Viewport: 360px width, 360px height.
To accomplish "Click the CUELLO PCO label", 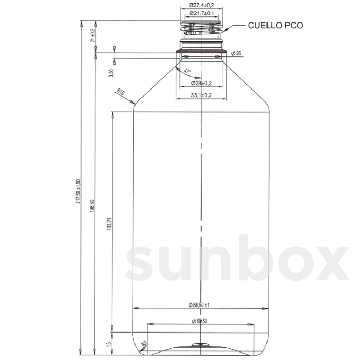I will click(275, 25).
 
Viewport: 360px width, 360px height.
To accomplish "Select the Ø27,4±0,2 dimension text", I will click(202, 5).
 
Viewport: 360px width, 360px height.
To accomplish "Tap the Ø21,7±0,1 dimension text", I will click(202, 13).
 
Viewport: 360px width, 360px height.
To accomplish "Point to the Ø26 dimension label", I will click(236, 53).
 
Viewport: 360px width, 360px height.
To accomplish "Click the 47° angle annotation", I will click(187, 72).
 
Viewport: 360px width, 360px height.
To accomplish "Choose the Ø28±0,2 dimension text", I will click(201, 83).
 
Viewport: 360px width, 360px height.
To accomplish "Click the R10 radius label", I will click(121, 92).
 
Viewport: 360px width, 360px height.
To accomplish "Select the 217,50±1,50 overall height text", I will click(79, 192).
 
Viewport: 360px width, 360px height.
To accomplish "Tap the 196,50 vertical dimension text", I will click(92, 206).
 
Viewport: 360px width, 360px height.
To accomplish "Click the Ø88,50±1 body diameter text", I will click(199, 305).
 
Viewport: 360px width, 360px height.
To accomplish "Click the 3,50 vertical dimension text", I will click(111, 73).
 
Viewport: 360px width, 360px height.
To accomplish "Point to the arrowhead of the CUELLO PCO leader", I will click(225, 30).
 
